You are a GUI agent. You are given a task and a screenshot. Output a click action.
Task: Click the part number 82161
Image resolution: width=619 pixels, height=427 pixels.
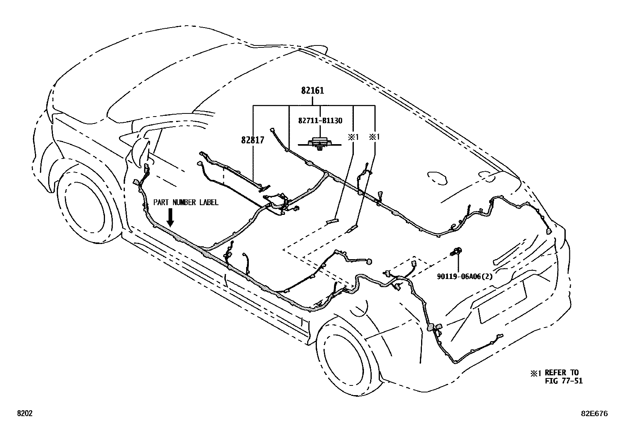[312, 91]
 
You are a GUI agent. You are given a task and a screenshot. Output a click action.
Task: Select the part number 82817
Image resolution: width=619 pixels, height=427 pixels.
[253, 140]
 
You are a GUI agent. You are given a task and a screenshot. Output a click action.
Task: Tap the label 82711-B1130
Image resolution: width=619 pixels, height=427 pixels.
[320, 121]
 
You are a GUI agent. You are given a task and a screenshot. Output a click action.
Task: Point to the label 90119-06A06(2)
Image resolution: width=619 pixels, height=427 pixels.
[465, 276]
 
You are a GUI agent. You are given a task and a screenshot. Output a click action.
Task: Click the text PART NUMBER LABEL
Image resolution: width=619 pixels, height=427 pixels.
[186, 202]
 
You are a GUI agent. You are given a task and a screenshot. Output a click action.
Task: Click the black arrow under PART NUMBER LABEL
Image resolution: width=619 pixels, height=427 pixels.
[171, 217]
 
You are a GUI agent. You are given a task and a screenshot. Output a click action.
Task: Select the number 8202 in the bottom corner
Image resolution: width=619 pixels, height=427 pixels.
[25, 413]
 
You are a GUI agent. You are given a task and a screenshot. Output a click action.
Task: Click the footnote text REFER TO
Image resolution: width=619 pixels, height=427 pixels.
[561, 373]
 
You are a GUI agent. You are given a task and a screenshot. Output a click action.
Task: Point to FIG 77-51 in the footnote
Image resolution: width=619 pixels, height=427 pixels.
[564, 381]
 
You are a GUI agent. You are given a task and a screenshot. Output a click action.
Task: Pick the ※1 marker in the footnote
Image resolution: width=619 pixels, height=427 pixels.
[535, 373]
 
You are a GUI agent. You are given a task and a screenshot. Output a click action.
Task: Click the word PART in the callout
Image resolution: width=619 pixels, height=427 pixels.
[161, 202]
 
